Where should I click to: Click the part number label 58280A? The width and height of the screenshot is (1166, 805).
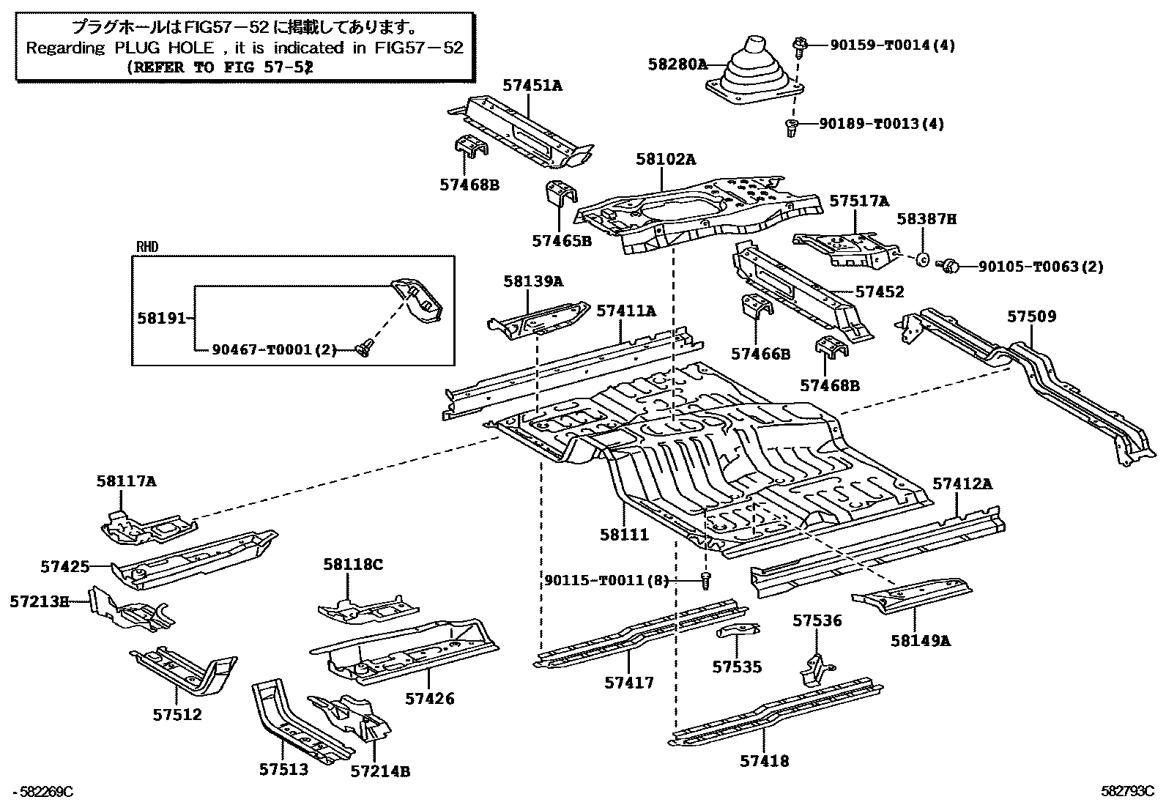pos(677,64)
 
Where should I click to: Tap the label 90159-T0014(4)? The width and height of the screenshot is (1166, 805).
pos(892,45)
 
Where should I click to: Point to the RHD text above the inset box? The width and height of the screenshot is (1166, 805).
pos(147,248)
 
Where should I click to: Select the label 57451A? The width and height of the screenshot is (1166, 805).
pos(532,86)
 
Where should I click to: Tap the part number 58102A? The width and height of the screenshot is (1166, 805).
pos(666,159)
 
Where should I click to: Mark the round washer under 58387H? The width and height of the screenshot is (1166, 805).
pos(924,259)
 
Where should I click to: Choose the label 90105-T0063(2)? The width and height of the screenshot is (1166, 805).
pos(1040,267)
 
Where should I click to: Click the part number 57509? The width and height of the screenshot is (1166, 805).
pos(1031,316)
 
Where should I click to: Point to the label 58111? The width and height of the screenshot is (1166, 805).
pos(624,535)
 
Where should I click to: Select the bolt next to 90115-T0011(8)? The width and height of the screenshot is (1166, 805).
pos(706,580)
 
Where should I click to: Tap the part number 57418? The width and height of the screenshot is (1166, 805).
pos(764,761)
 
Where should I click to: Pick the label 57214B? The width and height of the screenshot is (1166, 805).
pos(379,771)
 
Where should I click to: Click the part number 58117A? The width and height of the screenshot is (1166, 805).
pos(126,481)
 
